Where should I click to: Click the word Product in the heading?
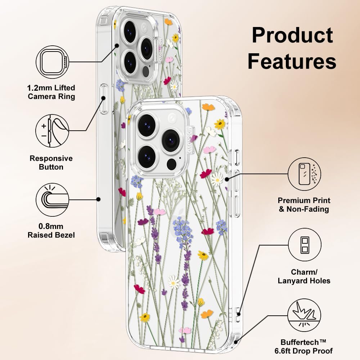click(x=292, y=35)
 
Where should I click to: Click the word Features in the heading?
click(x=292, y=61)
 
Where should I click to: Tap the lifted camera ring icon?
click(x=53, y=62)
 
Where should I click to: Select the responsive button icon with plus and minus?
click(x=52, y=131)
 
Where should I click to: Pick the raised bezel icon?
click(x=52, y=199)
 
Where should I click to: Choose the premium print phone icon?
click(x=305, y=174)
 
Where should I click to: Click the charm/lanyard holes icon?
click(x=305, y=244)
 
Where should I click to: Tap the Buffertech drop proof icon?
click(x=305, y=315)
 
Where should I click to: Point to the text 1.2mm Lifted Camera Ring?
click(x=51, y=92)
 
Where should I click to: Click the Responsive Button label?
click(x=51, y=163)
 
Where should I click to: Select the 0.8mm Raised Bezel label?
click(x=51, y=230)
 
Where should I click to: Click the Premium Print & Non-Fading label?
click(x=304, y=204)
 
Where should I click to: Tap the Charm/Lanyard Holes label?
click(x=304, y=276)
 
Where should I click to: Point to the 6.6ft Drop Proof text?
click(x=303, y=351)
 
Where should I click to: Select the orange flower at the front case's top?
click(x=208, y=107)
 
